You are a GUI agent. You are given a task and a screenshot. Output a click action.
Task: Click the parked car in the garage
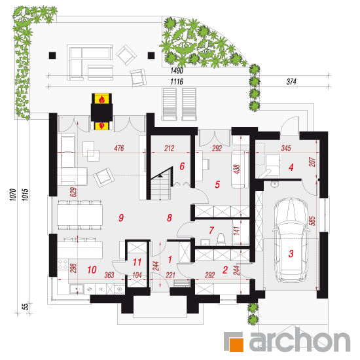click(x=291, y=240)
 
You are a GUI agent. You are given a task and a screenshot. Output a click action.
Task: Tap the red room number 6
click(x=182, y=166)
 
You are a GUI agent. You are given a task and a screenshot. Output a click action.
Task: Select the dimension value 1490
click(x=177, y=71)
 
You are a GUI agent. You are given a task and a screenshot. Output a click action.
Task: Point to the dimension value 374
click(x=291, y=82)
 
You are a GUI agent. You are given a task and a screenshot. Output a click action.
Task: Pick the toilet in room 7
click(x=221, y=238)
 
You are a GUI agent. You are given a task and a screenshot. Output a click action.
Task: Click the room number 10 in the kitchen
click(x=92, y=270)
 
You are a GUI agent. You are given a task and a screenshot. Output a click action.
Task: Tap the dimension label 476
click(x=119, y=148)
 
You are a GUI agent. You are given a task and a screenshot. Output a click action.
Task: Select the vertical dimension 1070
click(x=13, y=194)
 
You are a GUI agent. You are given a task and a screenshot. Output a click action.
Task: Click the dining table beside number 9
click(x=80, y=215)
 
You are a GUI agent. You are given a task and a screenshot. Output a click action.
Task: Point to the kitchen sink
click(x=77, y=289)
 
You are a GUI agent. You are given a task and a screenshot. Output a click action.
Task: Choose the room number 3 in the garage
click(x=291, y=253)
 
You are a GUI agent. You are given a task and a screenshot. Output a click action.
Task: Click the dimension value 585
click(x=312, y=221)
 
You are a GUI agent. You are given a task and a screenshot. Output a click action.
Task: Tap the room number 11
click(x=137, y=262)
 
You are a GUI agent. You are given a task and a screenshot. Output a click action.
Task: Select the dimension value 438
click(x=237, y=170)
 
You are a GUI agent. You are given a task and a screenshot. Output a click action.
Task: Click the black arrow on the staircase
click(x=160, y=176)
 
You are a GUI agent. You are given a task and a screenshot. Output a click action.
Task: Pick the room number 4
click(x=291, y=167)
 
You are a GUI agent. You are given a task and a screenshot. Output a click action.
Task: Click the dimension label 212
click(x=170, y=149)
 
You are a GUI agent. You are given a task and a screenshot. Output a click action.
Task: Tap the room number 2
click(x=225, y=270)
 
